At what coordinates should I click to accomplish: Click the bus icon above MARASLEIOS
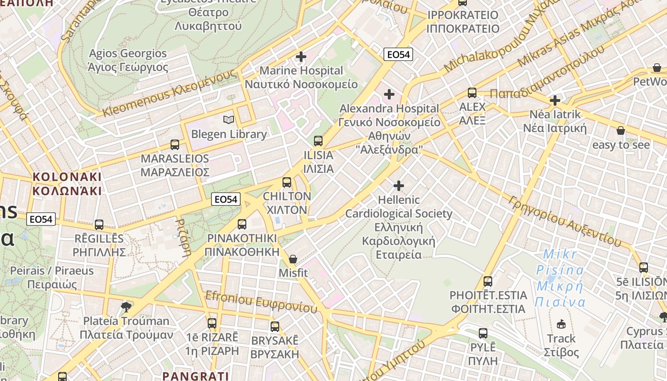pos(175,145)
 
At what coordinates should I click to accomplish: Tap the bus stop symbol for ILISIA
pos(318,141)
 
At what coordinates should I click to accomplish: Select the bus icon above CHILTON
pos(287,182)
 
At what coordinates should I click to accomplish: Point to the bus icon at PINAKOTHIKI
pos(242,224)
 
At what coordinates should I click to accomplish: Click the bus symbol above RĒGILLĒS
pos(99,225)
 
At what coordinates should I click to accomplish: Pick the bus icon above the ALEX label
pos(472,93)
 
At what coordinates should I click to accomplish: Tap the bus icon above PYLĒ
pos(483,333)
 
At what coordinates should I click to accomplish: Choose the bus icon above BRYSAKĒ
pos(275,327)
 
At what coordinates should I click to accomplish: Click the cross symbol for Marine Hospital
pos(301,57)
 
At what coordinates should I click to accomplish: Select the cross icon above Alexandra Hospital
pos(389,94)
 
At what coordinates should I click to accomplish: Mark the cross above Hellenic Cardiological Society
pos(399,186)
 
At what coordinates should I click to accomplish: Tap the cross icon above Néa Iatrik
pos(555,100)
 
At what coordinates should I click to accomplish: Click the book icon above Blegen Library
pos(229,120)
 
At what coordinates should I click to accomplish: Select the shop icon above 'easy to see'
pos(621,130)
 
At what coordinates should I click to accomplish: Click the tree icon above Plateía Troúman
pos(126,307)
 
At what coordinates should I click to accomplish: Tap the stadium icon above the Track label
pos(561,324)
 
